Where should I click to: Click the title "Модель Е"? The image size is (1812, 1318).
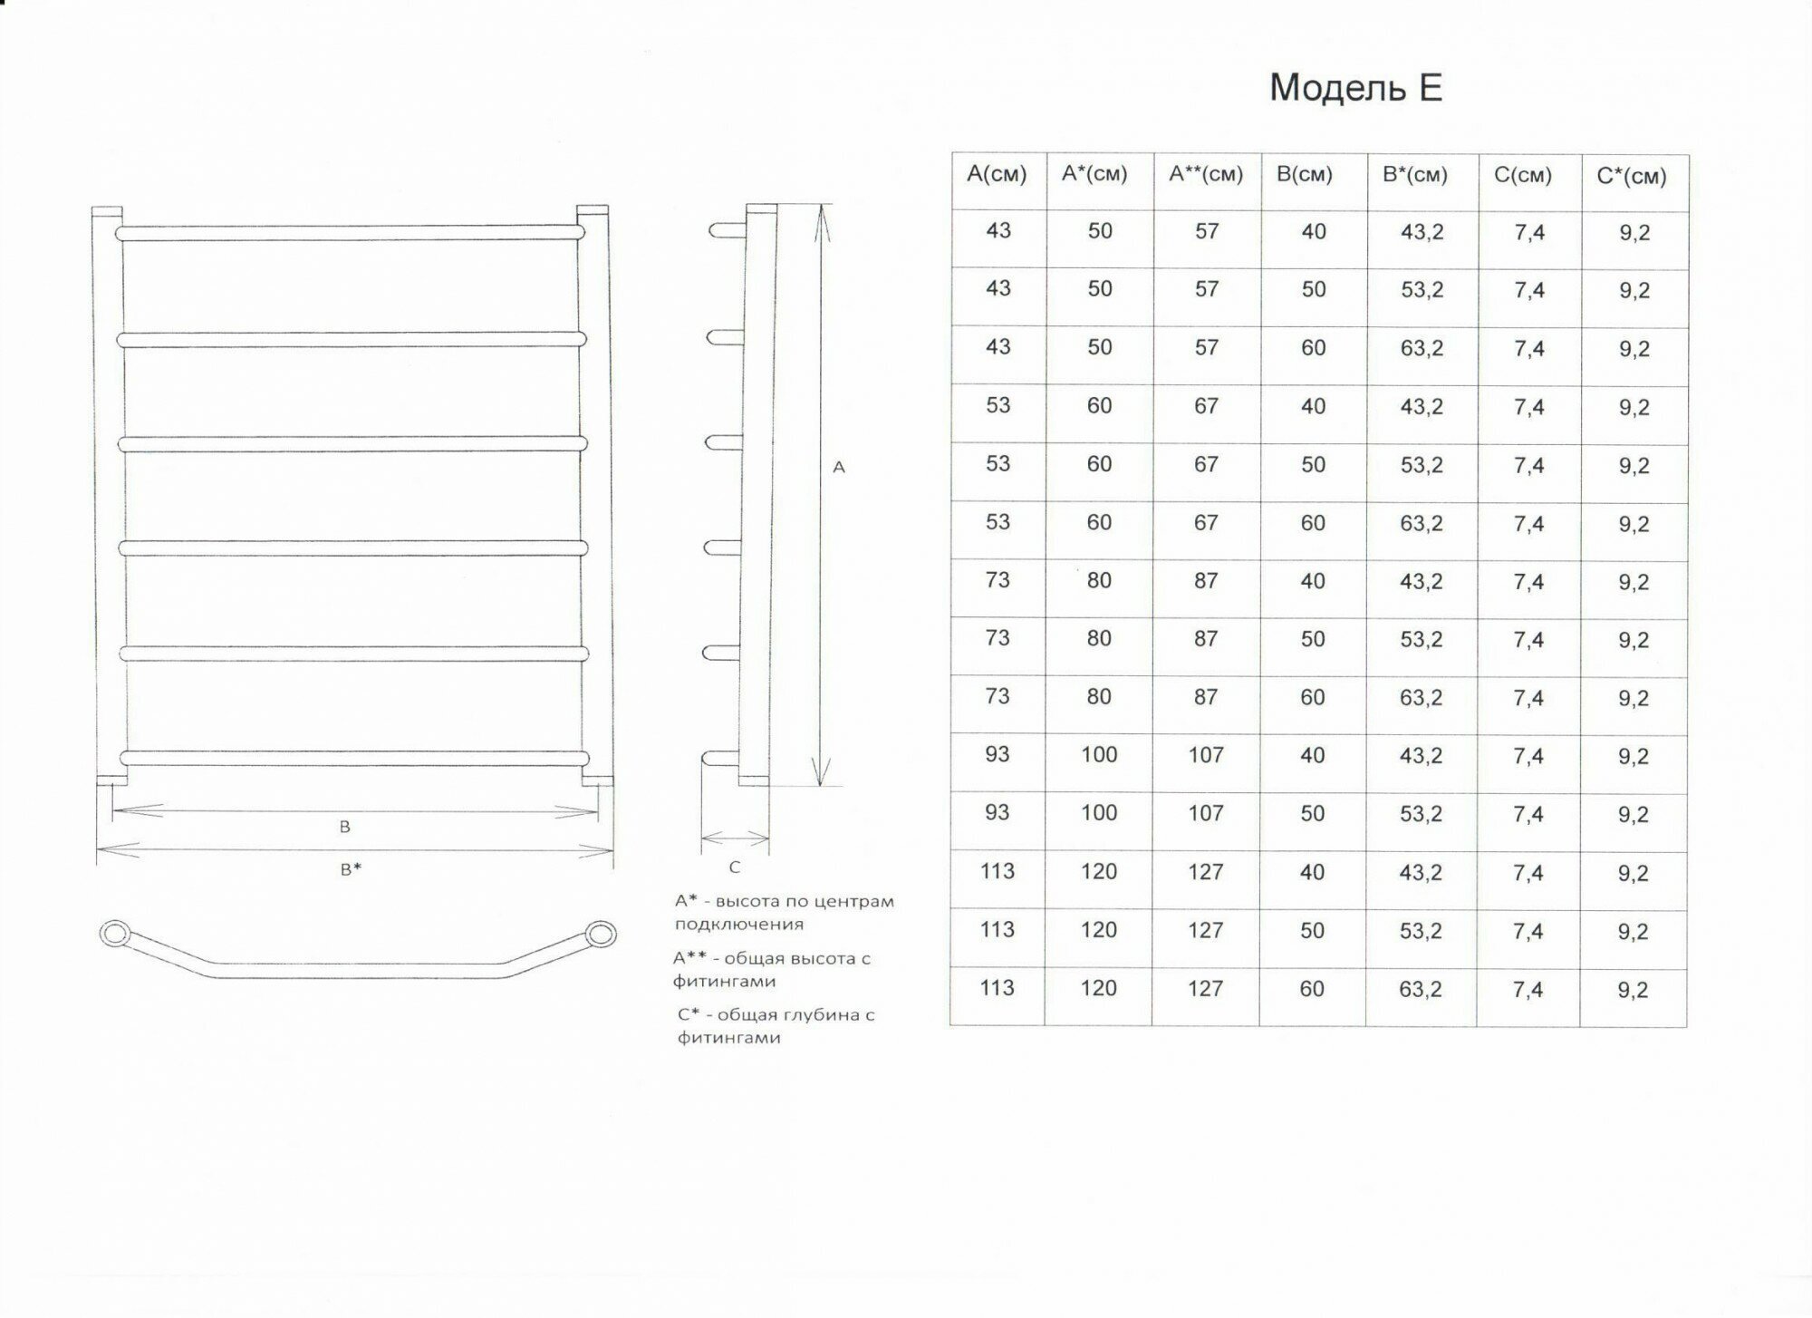1355,88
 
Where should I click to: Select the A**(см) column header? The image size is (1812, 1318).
1206,174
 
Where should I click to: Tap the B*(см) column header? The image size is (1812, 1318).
1415,174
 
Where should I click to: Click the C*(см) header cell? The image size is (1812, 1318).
1632,176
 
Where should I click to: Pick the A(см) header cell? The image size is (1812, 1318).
997,174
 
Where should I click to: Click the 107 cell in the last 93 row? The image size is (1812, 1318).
1206,813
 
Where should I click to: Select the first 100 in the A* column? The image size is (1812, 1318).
1099,754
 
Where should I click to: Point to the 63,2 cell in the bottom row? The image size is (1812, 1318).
1421,989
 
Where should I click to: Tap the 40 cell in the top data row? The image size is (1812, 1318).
1314,232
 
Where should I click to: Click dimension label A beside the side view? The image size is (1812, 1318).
839,467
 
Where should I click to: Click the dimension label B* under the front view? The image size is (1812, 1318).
351,869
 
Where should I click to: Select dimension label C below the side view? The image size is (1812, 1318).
735,867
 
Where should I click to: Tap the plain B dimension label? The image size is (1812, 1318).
345,827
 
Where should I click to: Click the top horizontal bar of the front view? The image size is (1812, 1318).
351,233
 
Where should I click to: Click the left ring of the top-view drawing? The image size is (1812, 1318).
115,934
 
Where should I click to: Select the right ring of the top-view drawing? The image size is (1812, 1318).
601,935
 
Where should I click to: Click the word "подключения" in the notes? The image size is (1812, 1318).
739,925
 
